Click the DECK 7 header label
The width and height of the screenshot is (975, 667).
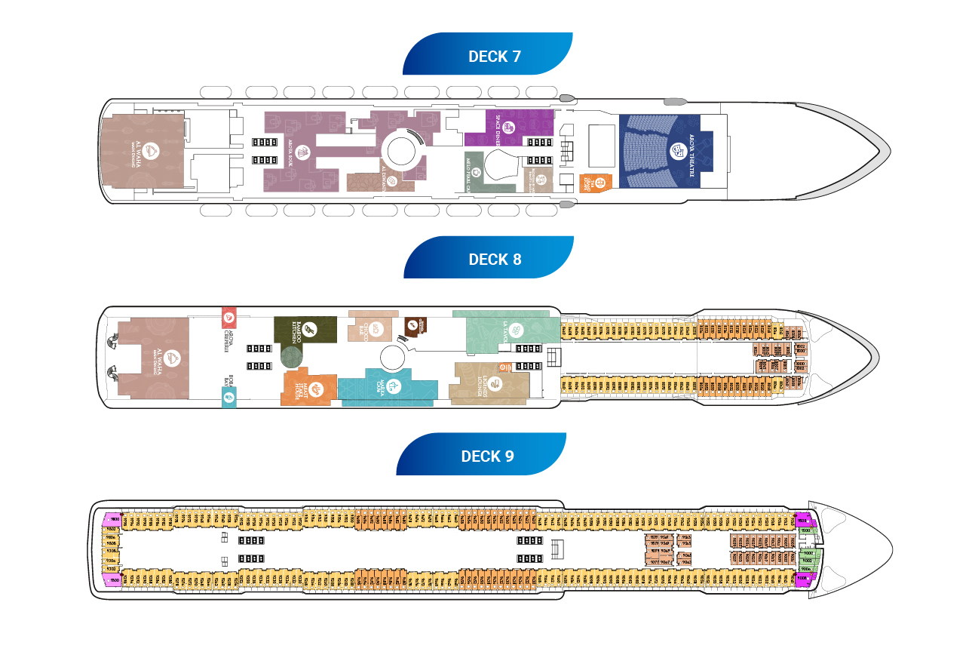tap(494, 56)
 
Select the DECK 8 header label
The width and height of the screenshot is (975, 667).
tap(495, 259)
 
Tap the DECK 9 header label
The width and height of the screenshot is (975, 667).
tap(487, 456)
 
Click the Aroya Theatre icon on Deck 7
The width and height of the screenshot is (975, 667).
tap(677, 152)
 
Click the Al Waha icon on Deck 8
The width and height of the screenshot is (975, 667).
tap(172, 357)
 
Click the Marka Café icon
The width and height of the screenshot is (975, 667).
tap(392, 386)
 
